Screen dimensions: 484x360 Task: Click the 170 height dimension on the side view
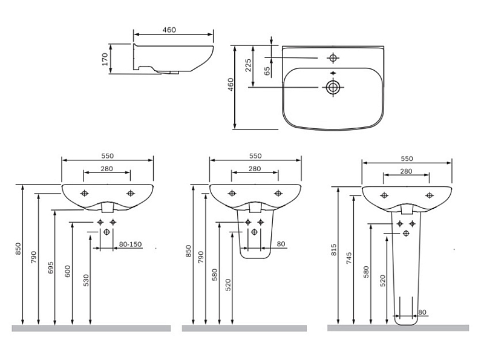pyautogui.click(x=105, y=59)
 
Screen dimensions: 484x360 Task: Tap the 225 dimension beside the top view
pyautogui.click(x=248, y=65)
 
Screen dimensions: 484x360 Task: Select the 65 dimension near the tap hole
pyautogui.click(x=267, y=71)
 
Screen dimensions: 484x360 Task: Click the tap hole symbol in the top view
pyautogui.click(x=333, y=57)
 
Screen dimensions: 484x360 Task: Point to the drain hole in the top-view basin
pyautogui.click(x=333, y=87)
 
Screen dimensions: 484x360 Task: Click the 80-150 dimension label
pyautogui.click(x=130, y=244)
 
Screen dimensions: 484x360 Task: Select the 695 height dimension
pyautogui.click(x=51, y=267)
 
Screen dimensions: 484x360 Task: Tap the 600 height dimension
pyautogui.click(x=68, y=272)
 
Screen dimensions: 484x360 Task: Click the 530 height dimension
pyautogui.click(x=86, y=280)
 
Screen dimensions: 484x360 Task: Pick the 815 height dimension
pyautogui.click(x=334, y=250)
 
